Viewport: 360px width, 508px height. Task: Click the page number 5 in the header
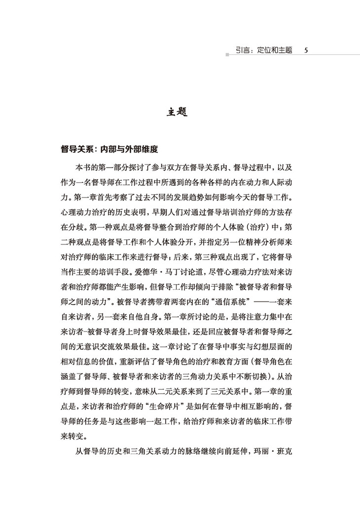click(x=306, y=50)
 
